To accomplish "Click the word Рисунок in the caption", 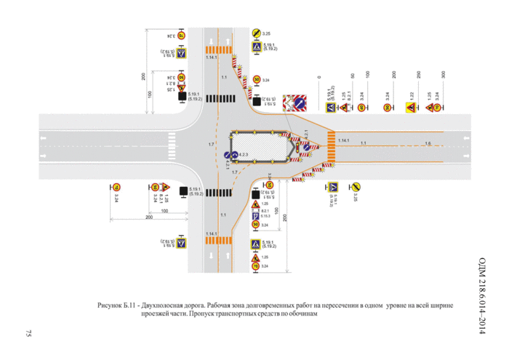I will click(x=109, y=306).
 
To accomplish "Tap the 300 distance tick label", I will click(x=444, y=75).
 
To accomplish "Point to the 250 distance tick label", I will click(x=420, y=75).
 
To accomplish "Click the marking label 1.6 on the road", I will click(x=428, y=143).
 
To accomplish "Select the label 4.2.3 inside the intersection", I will click(x=244, y=155).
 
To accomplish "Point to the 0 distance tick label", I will click(x=318, y=76).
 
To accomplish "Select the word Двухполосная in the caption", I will click(x=172, y=306).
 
